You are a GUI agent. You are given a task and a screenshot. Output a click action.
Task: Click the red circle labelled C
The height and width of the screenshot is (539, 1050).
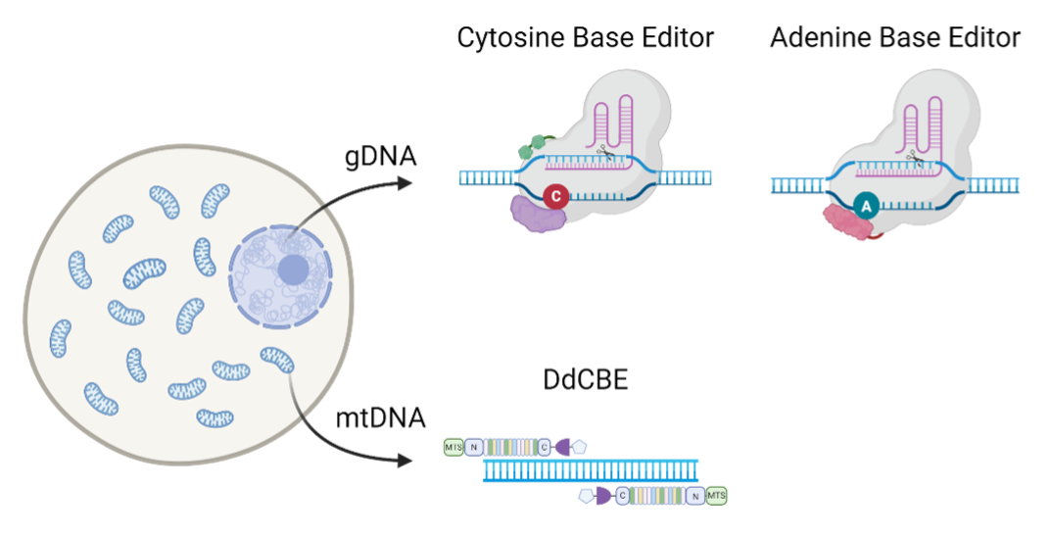(x=555, y=197)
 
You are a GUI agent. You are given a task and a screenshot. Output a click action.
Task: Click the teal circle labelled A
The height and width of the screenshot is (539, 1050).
(x=865, y=206)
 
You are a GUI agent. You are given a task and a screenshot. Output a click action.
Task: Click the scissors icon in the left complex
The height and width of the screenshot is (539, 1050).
(x=606, y=152)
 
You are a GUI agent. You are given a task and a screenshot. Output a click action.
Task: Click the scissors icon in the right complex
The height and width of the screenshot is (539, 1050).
(x=914, y=156)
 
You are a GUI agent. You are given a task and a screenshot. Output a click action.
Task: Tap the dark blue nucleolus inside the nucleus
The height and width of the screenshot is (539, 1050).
(x=292, y=269)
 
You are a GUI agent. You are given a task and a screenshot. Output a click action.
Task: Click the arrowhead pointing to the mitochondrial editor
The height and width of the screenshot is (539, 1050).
(x=406, y=460)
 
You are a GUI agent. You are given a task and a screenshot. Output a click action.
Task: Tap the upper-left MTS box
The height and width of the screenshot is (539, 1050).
(x=453, y=447)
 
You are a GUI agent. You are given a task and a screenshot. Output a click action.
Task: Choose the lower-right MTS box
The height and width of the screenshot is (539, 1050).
(x=717, y=496)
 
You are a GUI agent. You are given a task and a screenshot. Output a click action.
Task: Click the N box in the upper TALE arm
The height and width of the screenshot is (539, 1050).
(x=474, y=447)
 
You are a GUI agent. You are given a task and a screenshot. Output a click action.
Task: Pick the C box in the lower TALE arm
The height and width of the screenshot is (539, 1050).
(x=622, y=496)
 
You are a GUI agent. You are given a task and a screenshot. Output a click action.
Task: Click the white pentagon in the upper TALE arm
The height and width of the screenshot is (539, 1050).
(x=580, y=447)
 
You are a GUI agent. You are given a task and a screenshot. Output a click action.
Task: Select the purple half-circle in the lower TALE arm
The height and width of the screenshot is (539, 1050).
(x=602, y=496)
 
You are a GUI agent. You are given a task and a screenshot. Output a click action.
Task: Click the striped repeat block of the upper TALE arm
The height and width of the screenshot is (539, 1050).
(x=510, y=447)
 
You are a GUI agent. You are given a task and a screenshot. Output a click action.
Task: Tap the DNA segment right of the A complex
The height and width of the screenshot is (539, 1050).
(x=994, y=185)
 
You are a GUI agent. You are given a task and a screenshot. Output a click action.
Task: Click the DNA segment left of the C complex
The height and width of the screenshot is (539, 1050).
(x=488, y=177)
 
